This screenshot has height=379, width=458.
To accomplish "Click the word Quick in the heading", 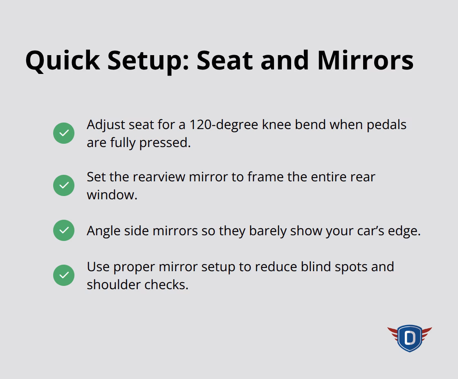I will coord(63,60).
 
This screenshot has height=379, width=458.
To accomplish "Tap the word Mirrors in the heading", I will coord(365,60).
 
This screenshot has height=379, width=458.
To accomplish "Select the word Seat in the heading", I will coord(225,60).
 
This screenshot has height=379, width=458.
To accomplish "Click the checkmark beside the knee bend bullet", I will coord(64,133).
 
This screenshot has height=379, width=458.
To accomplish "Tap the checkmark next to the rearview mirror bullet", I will coord(64,185).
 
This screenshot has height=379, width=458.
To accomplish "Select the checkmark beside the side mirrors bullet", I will coord(64,230).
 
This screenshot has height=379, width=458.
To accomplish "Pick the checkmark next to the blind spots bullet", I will coord(64,275).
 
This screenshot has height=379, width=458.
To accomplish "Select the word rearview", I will coord(157,177).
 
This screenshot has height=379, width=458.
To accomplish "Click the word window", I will coord(112,195).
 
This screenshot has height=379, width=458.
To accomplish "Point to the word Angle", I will coord(102,231).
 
